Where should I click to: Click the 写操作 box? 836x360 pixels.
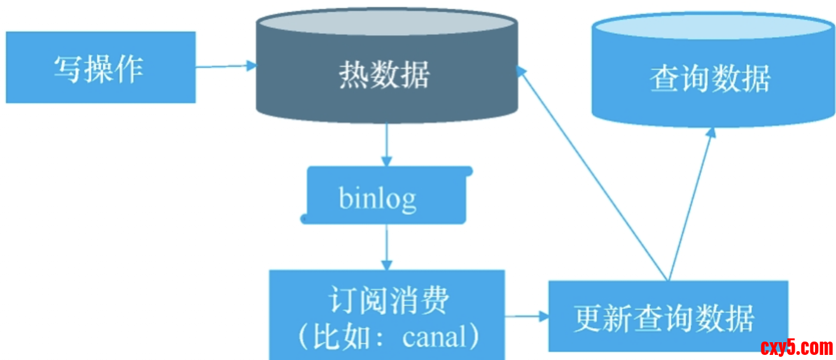pos(101,67)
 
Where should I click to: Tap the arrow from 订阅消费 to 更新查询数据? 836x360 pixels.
pos(527,315)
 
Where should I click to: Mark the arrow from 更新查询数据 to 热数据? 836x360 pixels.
pos(592,172)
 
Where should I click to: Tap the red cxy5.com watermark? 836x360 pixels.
pos(796,347)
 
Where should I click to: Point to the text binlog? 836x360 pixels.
pos(378,198)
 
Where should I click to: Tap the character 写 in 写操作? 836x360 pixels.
pos(68,69)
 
